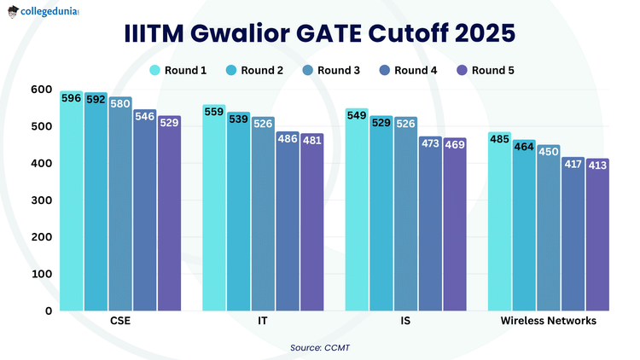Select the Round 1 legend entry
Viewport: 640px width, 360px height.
pyautogui.click(x=178, y=70)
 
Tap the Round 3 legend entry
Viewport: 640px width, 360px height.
pyautogui.click(x=331, y=70)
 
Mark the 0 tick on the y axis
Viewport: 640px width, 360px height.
pyautogui.click(x=48, y=311)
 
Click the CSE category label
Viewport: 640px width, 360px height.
pyautogui.click(x=120, y=322)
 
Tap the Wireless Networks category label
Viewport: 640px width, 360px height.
pyautogui.click(x=549, y=322)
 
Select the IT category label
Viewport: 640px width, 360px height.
pyautogui.click(x=263, y=322)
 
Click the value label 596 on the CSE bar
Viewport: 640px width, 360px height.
pyautogui.click(x=72, y=98)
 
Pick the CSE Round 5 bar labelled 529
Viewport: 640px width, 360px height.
pyautogui.click(x=169, y=213)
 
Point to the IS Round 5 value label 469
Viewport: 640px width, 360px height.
pyautogui.click(x=455, y=145)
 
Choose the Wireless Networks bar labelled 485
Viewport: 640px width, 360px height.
pyautogui.click(x=499, y=222)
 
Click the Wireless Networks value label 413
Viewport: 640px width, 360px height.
pyautogui.click(x=597, y=165)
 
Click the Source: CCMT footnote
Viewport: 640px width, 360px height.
pyautogui.click(x=319, y=347)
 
